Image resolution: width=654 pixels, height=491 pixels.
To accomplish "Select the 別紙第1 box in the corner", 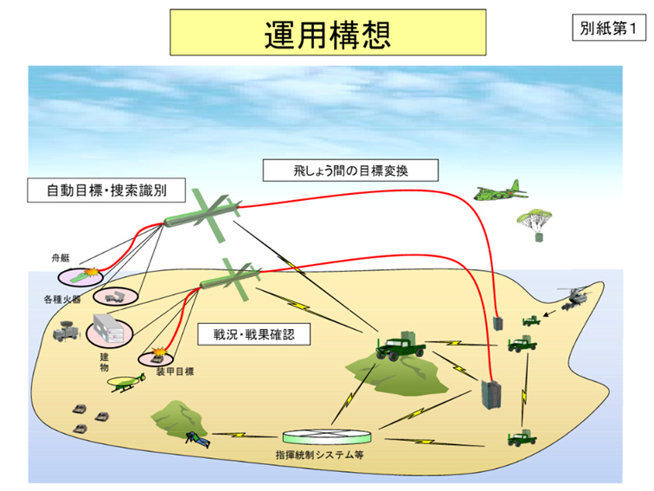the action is (608, 29).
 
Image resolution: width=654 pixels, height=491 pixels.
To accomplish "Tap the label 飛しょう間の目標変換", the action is (350, 170).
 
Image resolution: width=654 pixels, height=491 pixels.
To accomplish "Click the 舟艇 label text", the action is (60, 257).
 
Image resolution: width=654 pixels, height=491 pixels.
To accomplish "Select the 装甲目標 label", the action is (175, 371).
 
